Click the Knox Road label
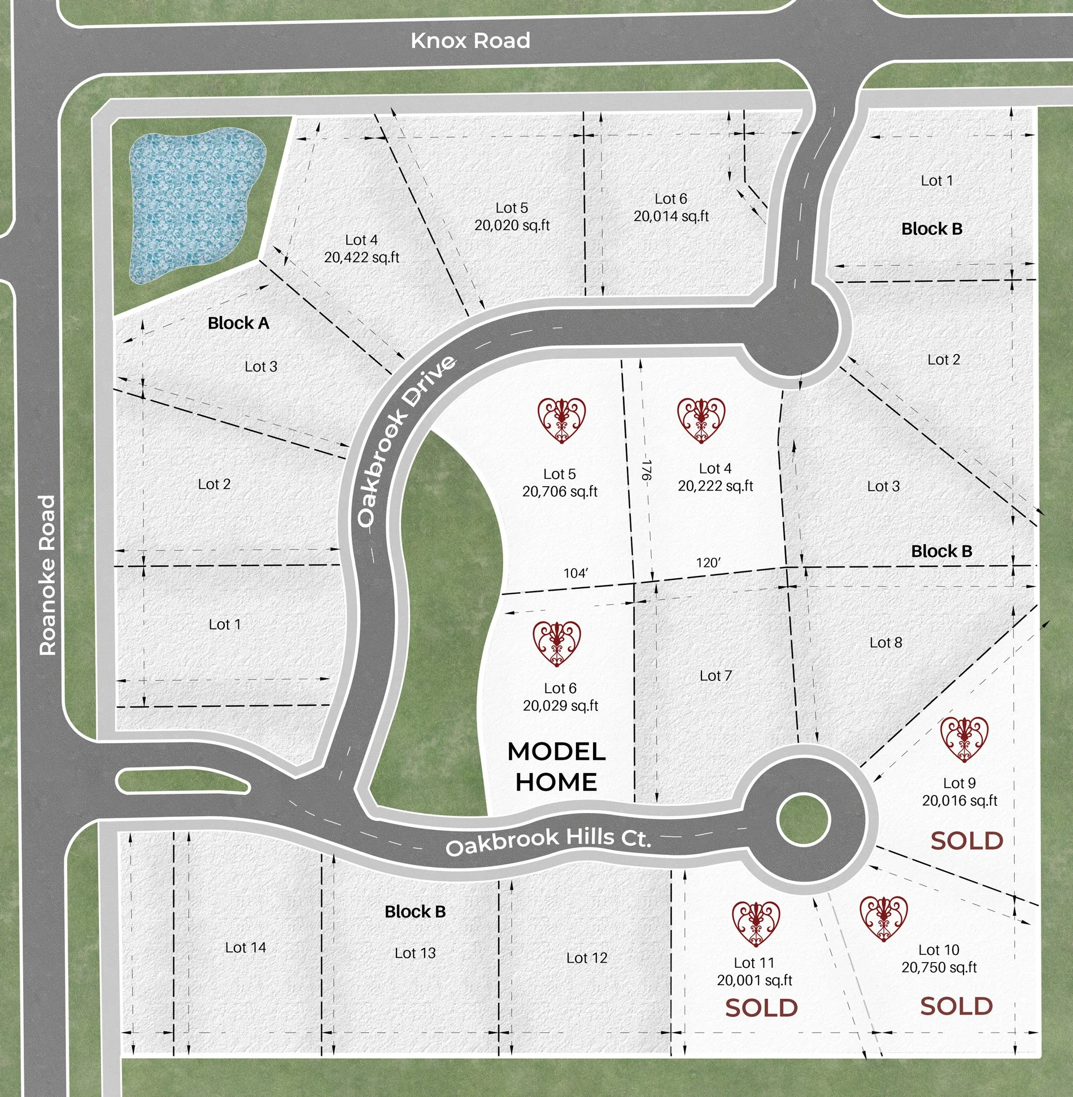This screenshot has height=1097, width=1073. point(470,41)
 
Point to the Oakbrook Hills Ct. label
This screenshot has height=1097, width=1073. point(548,840)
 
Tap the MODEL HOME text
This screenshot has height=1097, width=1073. point(557,767)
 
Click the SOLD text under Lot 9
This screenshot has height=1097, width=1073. point(967,841)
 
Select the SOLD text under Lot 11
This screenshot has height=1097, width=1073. point(761,1008)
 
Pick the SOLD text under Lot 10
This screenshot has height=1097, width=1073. point(956,1006)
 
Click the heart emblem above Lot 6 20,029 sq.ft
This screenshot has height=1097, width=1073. point(557,644)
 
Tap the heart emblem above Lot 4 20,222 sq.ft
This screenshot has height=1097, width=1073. point(701,420)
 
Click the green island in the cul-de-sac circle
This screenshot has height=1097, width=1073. point(803,820)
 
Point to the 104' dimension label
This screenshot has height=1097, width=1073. point(575,573)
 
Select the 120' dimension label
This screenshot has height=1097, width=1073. point(708,562)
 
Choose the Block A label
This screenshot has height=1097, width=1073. point(238,323)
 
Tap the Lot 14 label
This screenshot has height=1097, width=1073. point(245,947)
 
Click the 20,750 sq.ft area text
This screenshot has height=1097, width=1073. point(939,967)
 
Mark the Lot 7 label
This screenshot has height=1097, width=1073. point(716,676)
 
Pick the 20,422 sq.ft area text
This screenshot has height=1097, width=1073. point(361,257)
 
